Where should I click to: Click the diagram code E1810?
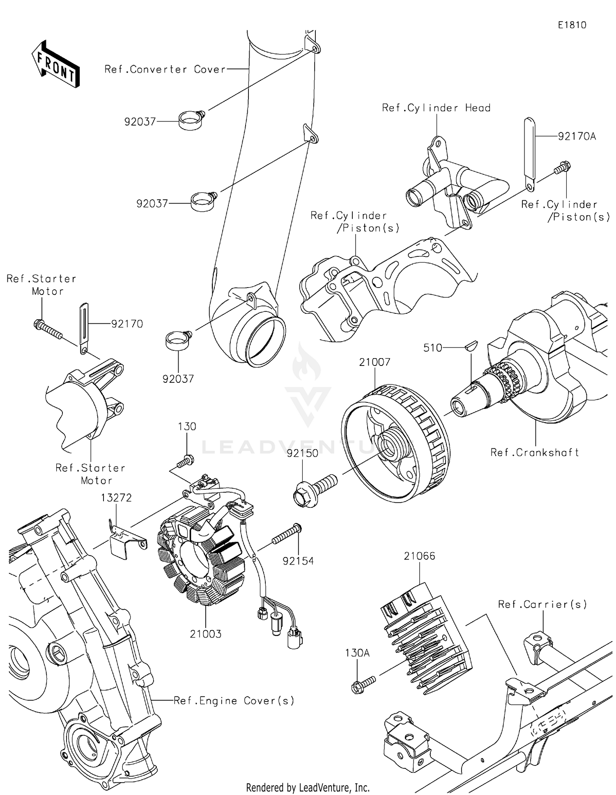(x=572, y=25)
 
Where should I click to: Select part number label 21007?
(x=374, y=362)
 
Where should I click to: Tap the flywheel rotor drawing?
(x=395, y=443)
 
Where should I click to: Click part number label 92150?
(x=302, y=453)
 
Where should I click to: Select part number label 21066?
(x=419, y=556)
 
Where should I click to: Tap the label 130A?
(x=357, y=653)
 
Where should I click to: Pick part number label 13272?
(x=117, y=498)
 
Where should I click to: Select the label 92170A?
(x=577, y=137)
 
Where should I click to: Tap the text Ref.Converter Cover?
(x=165, y=69)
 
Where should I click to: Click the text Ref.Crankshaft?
(x=535, y=452)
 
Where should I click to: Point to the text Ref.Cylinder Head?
(x=436, y=108)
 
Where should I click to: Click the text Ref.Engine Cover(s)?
(x=234, y=701)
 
